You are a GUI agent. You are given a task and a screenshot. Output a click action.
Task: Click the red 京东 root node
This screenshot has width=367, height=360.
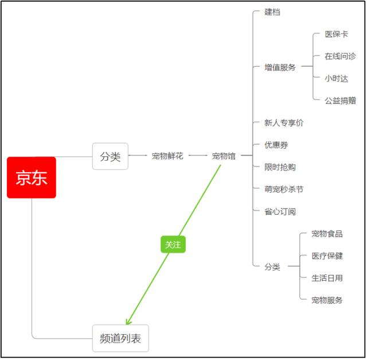coord(32,177)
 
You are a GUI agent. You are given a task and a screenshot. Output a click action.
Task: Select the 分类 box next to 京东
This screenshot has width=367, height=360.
coord(110,156)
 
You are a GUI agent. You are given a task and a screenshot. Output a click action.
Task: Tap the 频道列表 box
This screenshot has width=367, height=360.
coord(120,338)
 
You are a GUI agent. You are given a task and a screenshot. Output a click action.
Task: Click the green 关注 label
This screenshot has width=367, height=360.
coord(173,245)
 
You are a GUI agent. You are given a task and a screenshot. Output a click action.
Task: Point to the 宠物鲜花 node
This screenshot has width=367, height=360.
coord(167,156)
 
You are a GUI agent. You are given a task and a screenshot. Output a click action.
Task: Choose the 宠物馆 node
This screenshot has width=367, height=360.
coord(224,156)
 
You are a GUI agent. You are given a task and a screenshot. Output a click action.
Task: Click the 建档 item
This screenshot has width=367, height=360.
coord(272,12)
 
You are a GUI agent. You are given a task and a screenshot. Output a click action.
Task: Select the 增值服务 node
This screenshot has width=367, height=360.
coord(280,67)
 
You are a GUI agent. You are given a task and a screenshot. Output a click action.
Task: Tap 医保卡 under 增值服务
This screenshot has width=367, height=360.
coord(336,34)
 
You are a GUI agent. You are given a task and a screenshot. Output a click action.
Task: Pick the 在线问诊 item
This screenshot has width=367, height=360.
coord(340,56)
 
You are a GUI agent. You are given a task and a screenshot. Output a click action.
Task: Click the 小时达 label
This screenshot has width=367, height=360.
coord(336,78)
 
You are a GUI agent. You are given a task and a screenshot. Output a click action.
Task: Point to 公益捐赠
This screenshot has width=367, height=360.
coord(340,100)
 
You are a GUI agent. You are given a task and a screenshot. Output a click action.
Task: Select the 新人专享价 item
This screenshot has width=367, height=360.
coord(284,123)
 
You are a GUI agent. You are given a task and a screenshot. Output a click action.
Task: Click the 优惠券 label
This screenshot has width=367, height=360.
coord(276,145)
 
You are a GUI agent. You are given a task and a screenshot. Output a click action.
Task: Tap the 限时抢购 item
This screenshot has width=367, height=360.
coord(280,167)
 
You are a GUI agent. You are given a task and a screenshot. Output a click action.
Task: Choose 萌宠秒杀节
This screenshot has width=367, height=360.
coord(284,189)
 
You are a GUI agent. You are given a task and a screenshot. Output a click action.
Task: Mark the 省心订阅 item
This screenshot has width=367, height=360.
coord(280,211)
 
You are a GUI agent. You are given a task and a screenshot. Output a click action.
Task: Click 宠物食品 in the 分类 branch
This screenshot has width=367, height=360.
coord(327,234)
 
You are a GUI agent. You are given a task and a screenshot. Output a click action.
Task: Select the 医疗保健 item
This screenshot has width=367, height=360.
coord(327,256)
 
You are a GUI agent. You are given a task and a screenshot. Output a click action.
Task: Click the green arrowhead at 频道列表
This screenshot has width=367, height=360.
coord(128,322)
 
